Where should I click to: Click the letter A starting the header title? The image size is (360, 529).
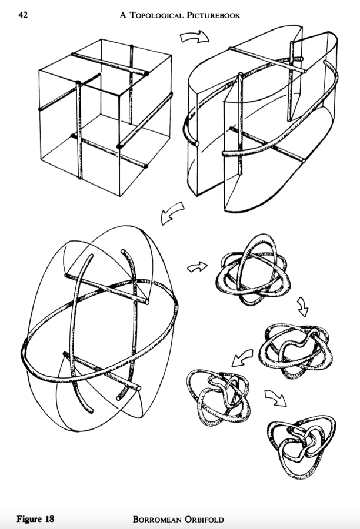pyautogui.click(x=123, y=16)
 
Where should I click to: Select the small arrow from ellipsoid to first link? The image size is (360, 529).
pyautogui.click(x=194, y=267)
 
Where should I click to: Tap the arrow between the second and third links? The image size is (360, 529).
pyautogui.click(x=242, y=356)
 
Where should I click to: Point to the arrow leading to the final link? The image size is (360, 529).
pyautogui.click(x=274, y=397)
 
